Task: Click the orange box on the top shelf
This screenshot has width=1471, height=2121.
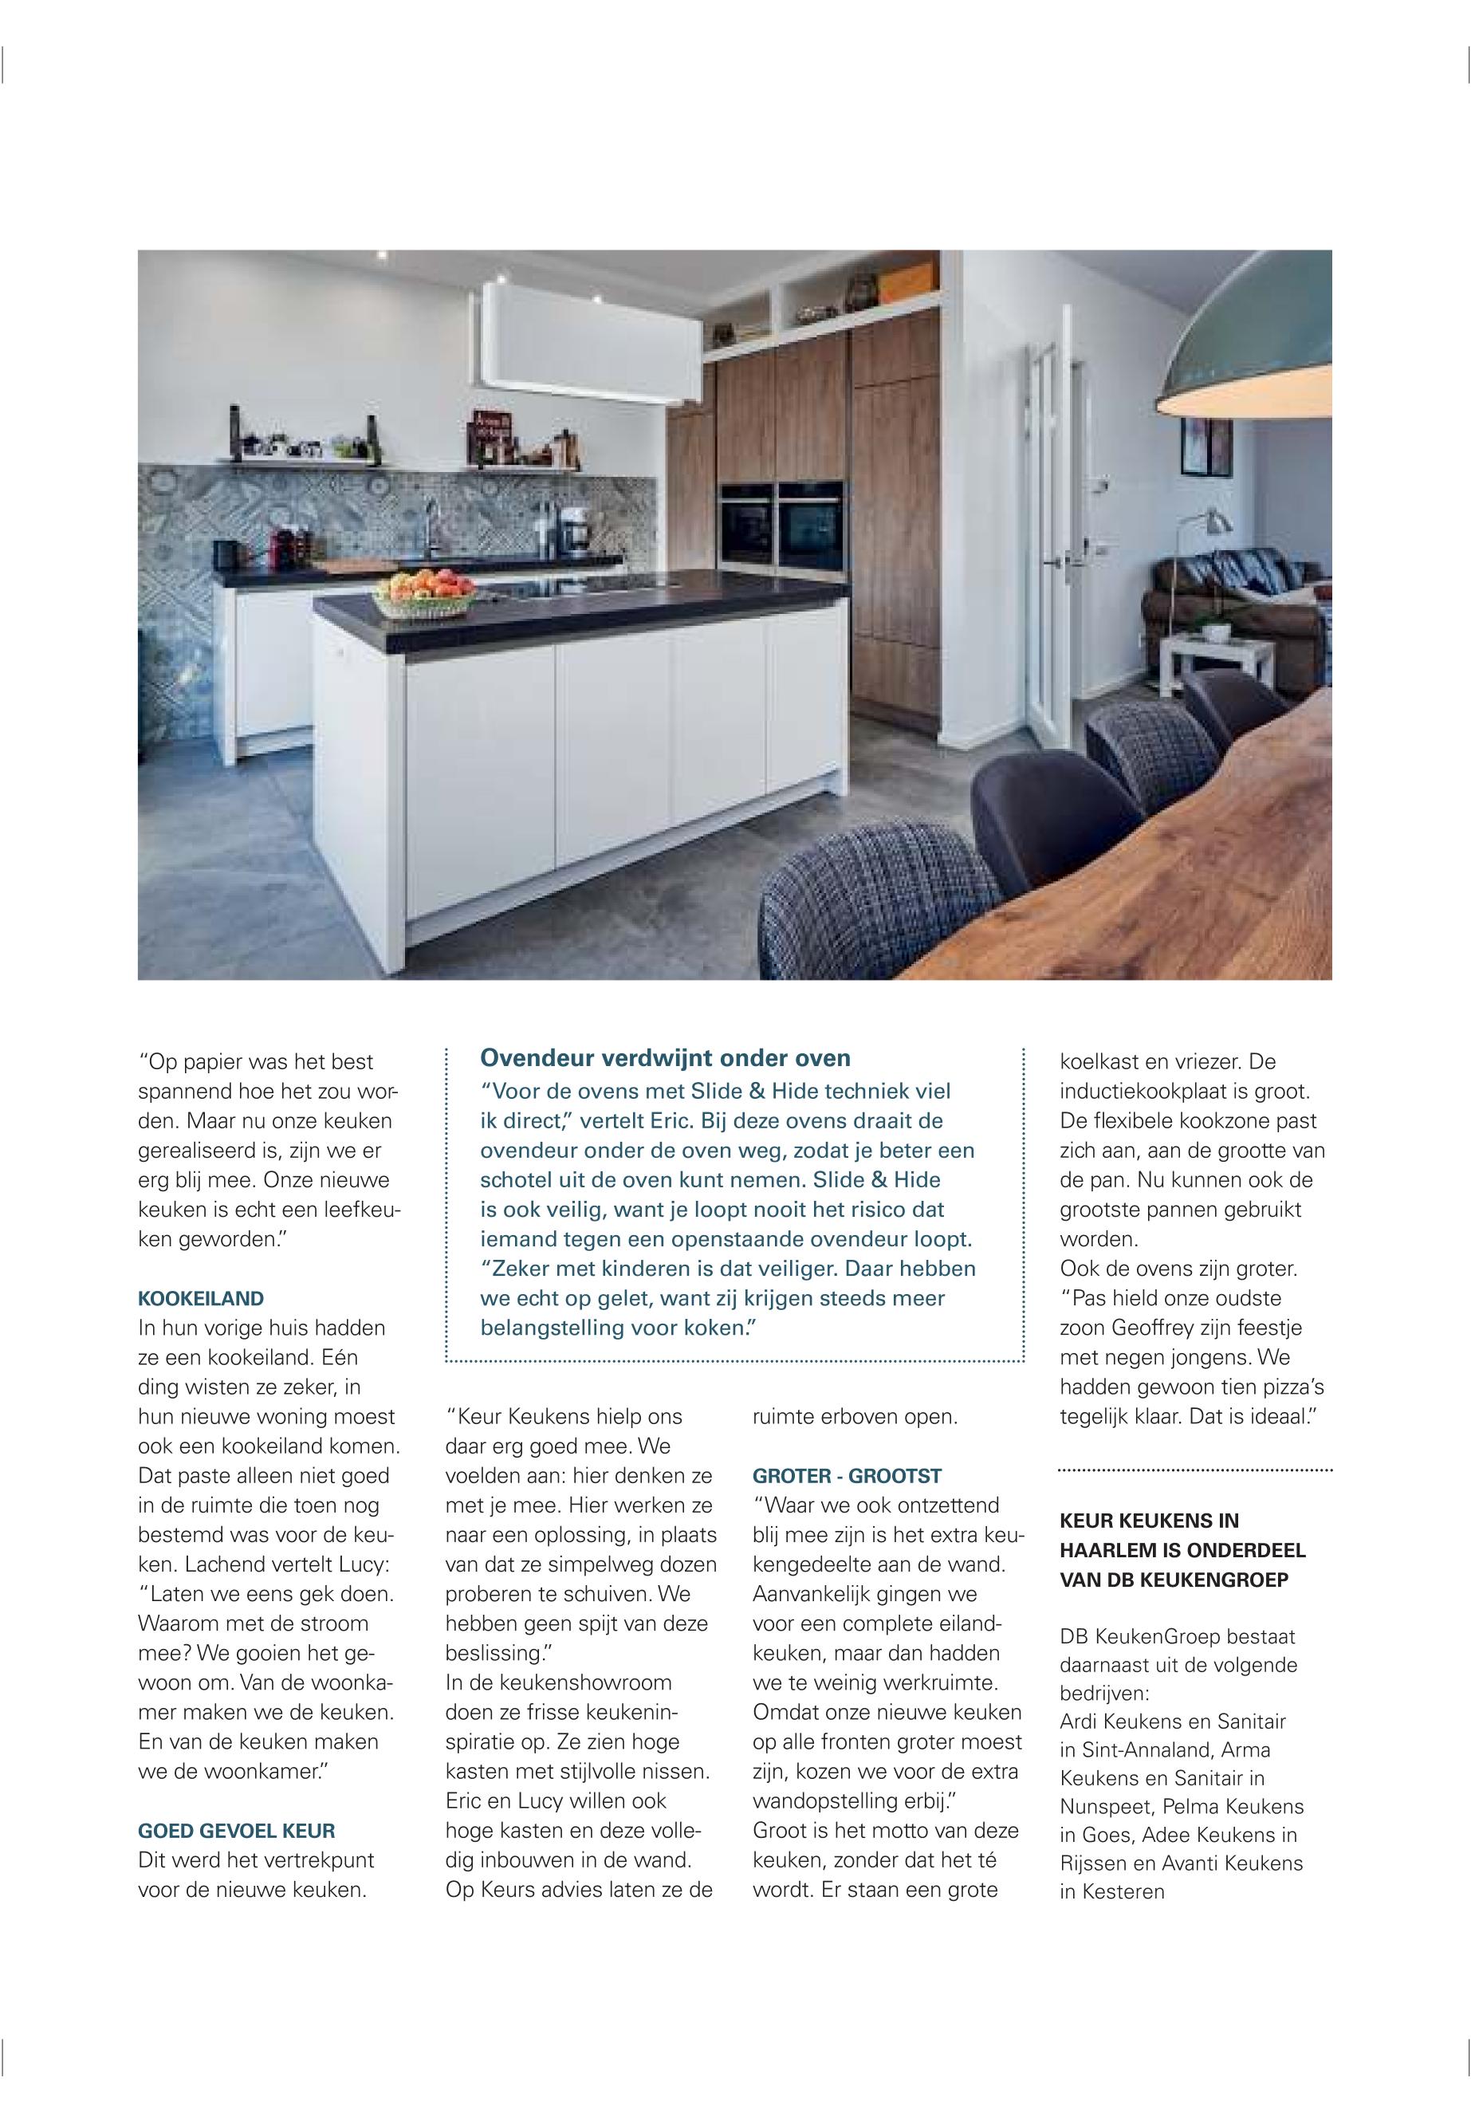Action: coord(908,284)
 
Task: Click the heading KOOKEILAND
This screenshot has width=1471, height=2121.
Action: coord(200,1299)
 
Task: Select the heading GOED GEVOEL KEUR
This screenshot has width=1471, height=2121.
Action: coord(236,1832)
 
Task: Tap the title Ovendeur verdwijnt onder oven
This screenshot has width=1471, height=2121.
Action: coord(666,1057)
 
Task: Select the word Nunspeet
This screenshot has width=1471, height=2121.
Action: coord(1103,1807)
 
